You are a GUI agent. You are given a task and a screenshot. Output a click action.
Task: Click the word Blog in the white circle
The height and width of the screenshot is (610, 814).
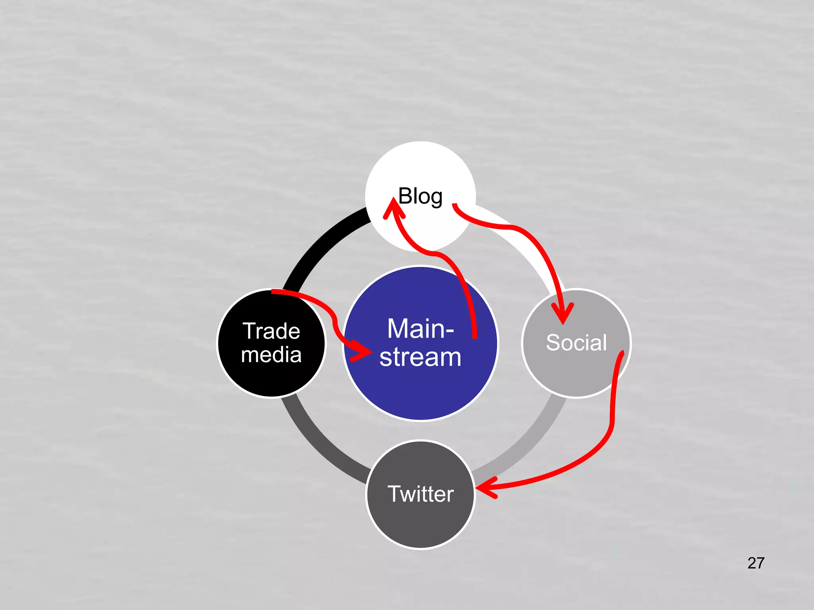coord(420,196)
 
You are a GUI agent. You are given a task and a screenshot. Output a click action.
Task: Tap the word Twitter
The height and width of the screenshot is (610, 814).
coord(421,494)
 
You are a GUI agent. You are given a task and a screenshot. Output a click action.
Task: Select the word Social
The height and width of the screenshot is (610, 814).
coord(576,342)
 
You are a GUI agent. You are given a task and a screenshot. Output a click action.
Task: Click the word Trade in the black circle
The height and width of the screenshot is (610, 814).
coord(271,331)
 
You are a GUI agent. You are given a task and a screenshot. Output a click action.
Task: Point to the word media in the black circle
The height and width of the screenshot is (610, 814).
coord(271,355)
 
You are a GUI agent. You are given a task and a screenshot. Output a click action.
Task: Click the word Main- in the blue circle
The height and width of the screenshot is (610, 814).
coord(421,329)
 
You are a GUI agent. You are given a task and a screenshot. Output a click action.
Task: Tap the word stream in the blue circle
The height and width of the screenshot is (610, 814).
coord(421,357)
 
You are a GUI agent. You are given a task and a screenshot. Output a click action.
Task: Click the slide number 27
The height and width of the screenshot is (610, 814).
coord(756,563)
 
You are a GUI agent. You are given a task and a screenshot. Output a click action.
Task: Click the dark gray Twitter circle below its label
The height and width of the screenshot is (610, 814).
coord(421,524)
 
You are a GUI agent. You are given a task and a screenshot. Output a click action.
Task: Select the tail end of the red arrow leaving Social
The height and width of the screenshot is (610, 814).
coord(622,353)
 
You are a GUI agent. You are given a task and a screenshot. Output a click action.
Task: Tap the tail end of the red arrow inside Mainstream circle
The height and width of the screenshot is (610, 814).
coord(475,336)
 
